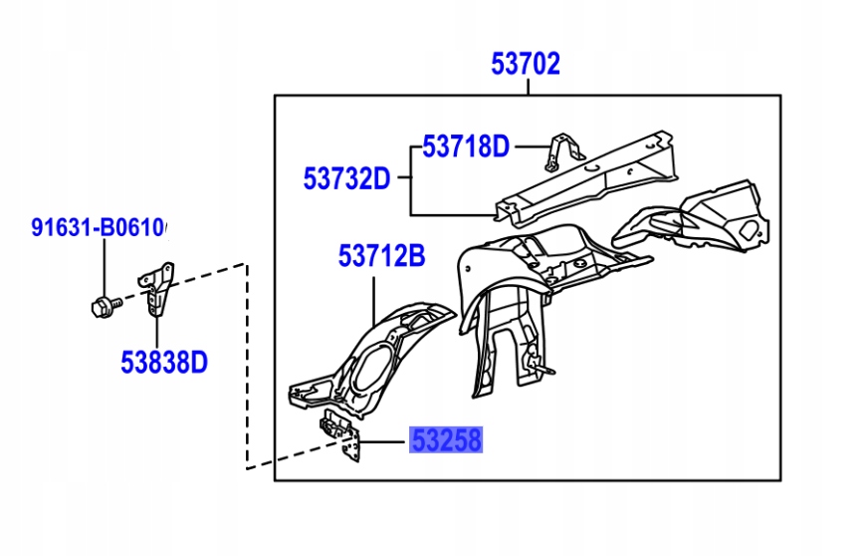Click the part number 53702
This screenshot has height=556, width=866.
click(526, 66)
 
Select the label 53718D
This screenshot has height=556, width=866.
click(465, 147)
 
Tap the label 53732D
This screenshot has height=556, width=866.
click(346, 179)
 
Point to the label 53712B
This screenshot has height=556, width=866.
click(381, 257)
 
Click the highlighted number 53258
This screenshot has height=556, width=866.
click(445, 440)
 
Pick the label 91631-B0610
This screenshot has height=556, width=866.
click(97, 228)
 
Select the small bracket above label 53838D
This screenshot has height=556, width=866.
click(158, 288)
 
